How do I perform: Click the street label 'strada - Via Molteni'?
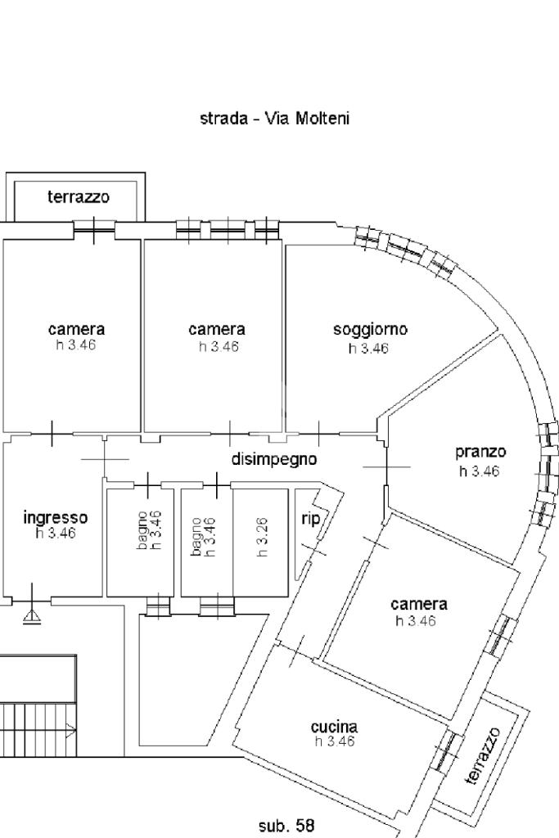[274, 119]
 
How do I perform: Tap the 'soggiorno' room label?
[370, 330]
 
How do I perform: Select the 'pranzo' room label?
[480, 452]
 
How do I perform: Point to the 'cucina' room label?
[334, 727]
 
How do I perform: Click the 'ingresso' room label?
[55, 517]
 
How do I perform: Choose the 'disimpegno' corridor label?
[273, 459]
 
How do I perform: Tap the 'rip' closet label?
[310, 519]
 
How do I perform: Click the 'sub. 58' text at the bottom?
[286, 826]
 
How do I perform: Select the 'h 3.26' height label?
[263, 536]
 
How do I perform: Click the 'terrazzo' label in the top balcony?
[79, 197]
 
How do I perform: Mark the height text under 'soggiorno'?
[368, 349]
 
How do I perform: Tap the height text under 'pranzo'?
[480, 471]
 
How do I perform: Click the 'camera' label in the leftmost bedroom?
[77, 330]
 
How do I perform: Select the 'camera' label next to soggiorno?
[217, 330]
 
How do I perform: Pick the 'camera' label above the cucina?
[419, 604]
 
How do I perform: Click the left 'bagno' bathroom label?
[143, 529]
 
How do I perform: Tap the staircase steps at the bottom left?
[37, 728]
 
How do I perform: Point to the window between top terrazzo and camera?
[93, 230]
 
